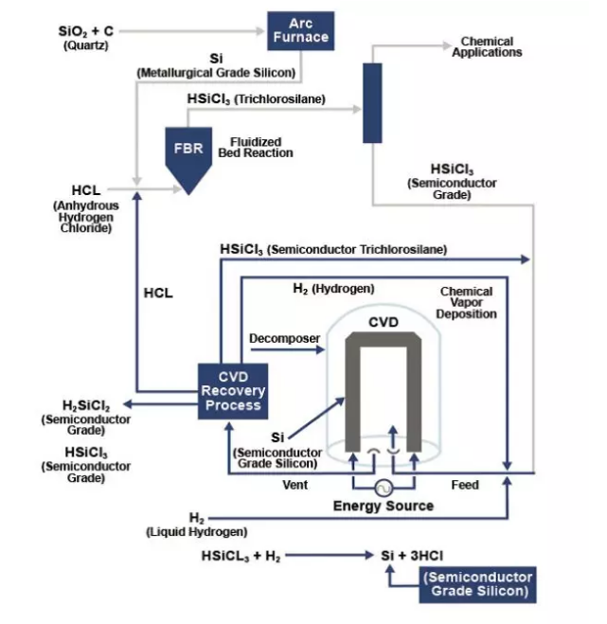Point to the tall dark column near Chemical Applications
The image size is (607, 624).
pos(371,102)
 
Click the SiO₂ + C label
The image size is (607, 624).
pos(85,32)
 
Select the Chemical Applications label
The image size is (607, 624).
pos(487,47)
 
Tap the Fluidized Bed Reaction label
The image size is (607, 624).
pos(256,148)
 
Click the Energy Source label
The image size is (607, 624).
pos(384,506)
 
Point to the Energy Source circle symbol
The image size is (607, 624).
pos(384,487)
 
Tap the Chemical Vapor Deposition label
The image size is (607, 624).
pos(469,302)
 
